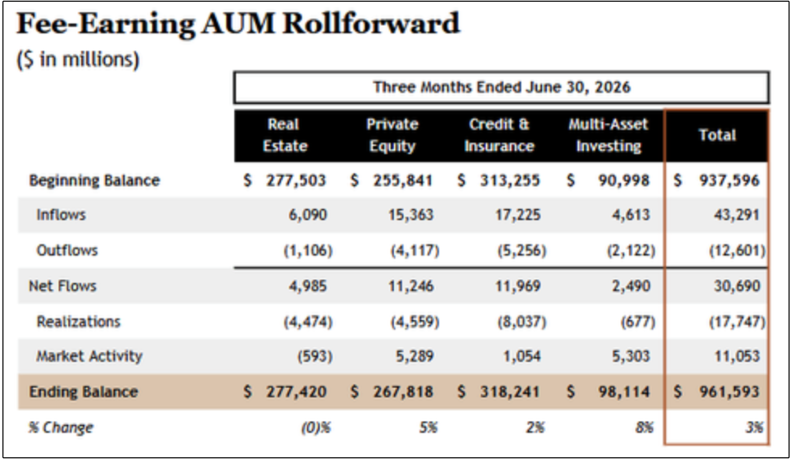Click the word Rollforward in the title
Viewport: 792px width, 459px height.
pyautogui.click(x=371, y=24)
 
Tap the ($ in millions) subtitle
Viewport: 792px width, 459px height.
pyautogui.click(x=78, y=59)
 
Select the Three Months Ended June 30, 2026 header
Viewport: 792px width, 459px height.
pyautogui.click(x=501, y=87)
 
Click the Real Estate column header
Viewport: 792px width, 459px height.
pyautogui.click(x=285, y=135)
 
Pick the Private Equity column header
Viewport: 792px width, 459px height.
pyautogui.click(x=392, y=135)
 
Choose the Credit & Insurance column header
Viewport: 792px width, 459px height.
pyautogui.click(x=499, y=135)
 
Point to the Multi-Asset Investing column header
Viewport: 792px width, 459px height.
pyautogui.click(x=608, y=135)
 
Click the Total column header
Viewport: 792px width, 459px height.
pyautogui.click(x=717, y=135)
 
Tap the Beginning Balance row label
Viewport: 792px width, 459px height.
pyautogui.click(x=94, y=180)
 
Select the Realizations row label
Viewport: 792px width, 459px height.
pyautogui.click(x=79, y=321)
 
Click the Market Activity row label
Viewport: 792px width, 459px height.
pyautogui.click(x=89, y=356)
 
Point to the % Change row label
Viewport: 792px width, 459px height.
pyautogui.click(x=61, y=428)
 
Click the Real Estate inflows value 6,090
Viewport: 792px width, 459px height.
pyautogui.click(x=307, y=215)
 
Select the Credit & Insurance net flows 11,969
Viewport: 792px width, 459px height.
pyautogui.click(x=518, y=286)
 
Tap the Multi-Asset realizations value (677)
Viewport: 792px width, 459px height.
pyautogui.click(x=638, y=322)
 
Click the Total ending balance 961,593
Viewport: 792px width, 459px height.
pyautogui.click(x=729, y=392)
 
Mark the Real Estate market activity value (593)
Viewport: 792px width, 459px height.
pyautogui.click(x=315, y=356)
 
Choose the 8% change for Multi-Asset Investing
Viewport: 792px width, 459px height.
pyautogui.click(x=644, y=428)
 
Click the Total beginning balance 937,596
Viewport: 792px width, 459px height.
pyautogui.click(x=729, y=180)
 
